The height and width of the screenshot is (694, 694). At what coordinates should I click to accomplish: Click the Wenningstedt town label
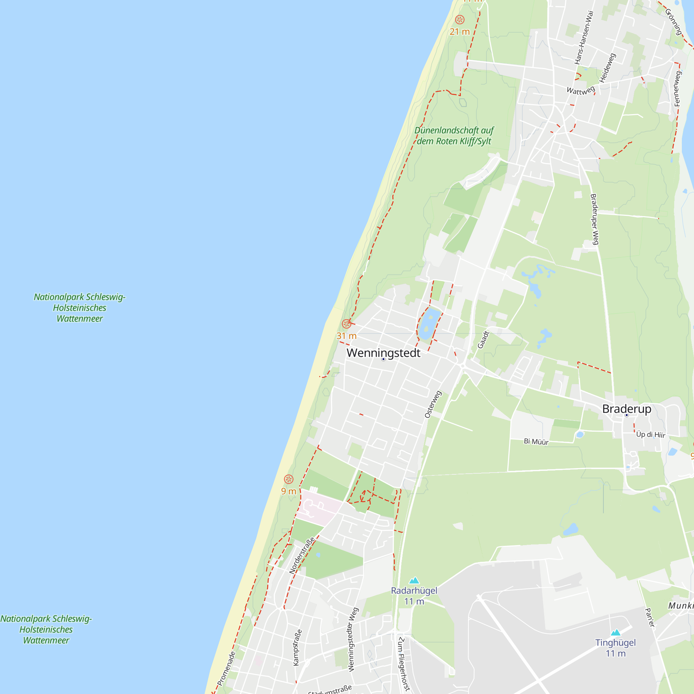tap(383, 353)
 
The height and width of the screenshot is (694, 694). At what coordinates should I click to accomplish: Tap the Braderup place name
tap(626, 409)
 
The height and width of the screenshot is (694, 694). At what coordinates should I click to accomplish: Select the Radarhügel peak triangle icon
tap(414, 581)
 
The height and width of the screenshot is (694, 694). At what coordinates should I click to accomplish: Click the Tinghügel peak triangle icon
tap(616, 633)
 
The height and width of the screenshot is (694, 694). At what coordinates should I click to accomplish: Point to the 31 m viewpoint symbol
tap(346, 324)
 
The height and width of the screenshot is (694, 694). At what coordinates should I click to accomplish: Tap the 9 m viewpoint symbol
tap(288, 479)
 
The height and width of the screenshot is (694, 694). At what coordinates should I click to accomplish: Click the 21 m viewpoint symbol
tap(459, 20)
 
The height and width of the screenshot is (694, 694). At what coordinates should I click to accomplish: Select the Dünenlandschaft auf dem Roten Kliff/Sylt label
tap(454, 136)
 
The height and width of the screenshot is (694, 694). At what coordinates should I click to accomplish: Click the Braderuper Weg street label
tap(594, 219)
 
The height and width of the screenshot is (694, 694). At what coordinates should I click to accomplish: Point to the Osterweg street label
tap(433, 404)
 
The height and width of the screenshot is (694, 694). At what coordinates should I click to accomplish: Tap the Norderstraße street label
tap(302, 555)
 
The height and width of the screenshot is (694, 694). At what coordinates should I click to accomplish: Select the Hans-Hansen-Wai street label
tap(584, 37)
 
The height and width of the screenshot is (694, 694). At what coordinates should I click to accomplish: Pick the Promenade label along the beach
tap(226, 669)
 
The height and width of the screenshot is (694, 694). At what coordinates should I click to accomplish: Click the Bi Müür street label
tap(536, 441)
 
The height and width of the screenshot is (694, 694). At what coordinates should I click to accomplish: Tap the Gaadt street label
tap(483, 340)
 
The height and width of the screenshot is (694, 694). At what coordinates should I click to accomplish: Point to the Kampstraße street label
tap(297, 648)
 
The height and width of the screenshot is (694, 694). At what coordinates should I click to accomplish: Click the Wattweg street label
tap(581, 90)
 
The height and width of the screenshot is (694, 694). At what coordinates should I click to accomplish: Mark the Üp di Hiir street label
tap(651, 435)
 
